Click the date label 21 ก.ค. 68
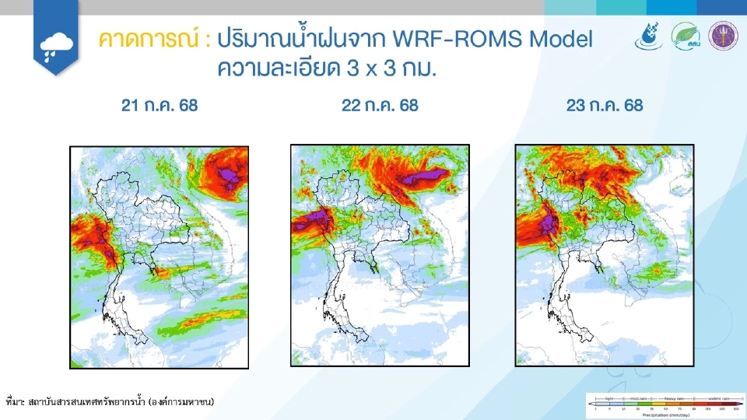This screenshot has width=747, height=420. [160, 106]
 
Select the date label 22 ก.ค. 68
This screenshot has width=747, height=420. [380, 106]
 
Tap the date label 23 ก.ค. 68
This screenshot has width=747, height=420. [605, 106]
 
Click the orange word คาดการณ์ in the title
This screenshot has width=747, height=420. [148, 40]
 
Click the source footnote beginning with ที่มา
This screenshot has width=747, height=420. [109, 402]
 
